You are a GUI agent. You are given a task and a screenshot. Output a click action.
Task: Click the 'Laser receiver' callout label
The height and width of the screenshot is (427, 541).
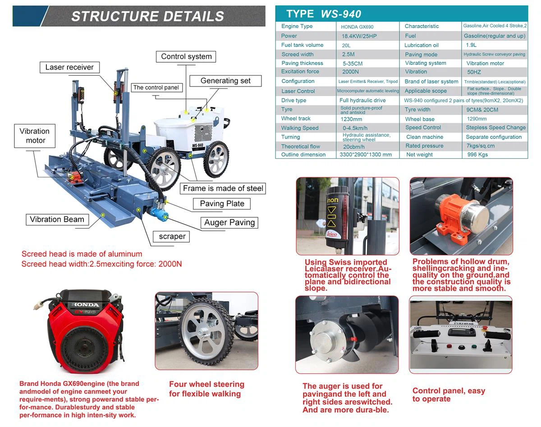[69, 68]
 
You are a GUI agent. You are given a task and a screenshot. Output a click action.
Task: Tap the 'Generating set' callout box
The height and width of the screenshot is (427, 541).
[225, 81]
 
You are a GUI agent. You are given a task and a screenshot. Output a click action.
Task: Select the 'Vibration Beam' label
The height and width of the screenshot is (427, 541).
[57, 220]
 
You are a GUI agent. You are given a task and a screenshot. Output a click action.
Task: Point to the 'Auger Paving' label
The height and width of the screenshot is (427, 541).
[229, 222]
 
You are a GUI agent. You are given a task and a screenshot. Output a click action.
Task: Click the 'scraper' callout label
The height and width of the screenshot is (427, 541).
[172, 236]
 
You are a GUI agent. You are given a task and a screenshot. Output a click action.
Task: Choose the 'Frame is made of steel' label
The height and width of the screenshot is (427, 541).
[223, 188]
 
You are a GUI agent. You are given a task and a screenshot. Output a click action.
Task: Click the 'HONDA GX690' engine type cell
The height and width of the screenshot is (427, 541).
[357, 27]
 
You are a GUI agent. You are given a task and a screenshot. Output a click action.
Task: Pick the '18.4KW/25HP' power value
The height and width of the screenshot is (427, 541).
[359, 36]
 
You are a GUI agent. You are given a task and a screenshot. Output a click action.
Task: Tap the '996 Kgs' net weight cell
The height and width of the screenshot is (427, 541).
[477, 155]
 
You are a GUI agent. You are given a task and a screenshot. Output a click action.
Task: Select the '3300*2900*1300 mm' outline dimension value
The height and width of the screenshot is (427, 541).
[366, 155]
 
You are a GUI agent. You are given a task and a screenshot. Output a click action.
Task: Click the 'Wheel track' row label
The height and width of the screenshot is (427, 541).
[296, 119]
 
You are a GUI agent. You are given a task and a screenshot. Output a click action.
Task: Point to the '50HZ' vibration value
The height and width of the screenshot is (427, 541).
[474, 72]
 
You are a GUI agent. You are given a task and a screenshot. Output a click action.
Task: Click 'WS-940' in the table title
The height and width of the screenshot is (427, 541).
[341, 14]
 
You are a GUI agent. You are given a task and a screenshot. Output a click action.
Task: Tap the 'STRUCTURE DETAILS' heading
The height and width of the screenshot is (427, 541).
[147, 16]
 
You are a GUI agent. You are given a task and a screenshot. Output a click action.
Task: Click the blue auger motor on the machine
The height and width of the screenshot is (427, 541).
[159, 211]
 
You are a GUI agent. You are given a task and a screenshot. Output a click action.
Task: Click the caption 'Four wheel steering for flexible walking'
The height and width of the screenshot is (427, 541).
[206, 389]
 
